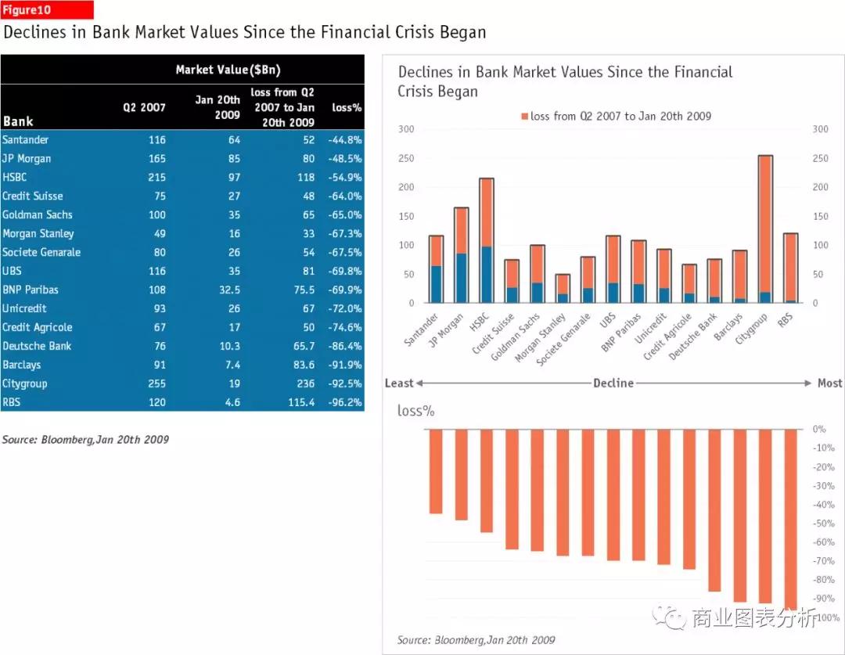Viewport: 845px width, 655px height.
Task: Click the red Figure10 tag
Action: pos(48,10)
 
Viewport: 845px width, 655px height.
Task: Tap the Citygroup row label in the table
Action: pos(25,383)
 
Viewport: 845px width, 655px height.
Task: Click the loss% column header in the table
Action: pos(347,107)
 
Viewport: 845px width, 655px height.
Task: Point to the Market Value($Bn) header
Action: pos(228,70)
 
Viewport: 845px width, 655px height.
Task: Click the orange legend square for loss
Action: pos(524,117)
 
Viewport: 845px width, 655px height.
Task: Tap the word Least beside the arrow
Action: pos(399,383)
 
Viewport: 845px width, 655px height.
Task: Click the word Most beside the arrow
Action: pos(829,383)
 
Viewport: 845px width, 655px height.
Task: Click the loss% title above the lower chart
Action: pos(415,410)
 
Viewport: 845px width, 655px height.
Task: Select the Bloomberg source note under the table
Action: pos(85,440)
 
